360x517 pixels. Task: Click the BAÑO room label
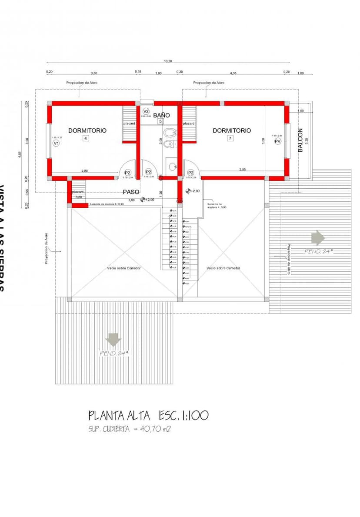coord(161,115)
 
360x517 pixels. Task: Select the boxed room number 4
coord(86,138)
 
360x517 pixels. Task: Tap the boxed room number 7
coord(230,138)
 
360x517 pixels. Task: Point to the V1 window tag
coord(56,143)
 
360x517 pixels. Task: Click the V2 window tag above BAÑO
coord(146,111)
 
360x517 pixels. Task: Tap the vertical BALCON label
coord(300,140)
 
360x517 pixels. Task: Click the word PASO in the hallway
coord(131,192)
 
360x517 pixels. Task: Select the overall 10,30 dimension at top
coord(168,61)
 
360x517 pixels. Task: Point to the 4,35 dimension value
coord(233,73)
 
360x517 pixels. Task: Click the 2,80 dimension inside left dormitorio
coord(84,171)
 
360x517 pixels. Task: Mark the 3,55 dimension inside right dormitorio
coord(243,170)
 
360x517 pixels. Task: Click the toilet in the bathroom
coord(169,132)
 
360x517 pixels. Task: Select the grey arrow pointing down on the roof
coord(113,340)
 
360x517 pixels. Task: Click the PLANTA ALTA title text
coord(120,416)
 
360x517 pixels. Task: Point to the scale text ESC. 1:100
coord(183,416)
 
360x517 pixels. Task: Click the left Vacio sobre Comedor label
coord(123,268)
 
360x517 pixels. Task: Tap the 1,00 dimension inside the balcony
coord(300,111)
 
